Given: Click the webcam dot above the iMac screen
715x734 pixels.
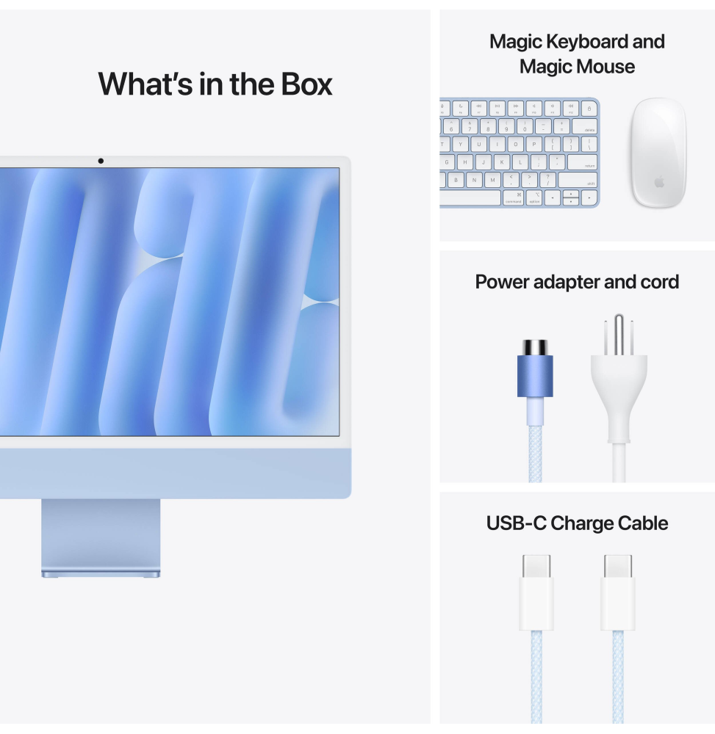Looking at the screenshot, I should [x=101, y=161].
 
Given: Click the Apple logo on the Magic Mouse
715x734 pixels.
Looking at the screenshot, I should [x=659, y=181].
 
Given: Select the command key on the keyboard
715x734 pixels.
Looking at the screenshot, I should [x=513, y=197].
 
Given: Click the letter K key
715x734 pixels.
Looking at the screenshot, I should [x=502, y=162].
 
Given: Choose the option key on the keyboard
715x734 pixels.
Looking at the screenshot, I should [x=534, y=197].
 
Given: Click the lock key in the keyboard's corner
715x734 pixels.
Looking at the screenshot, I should [x=590, y=108].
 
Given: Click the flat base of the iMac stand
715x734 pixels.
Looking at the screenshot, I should [x=100, y=573].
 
